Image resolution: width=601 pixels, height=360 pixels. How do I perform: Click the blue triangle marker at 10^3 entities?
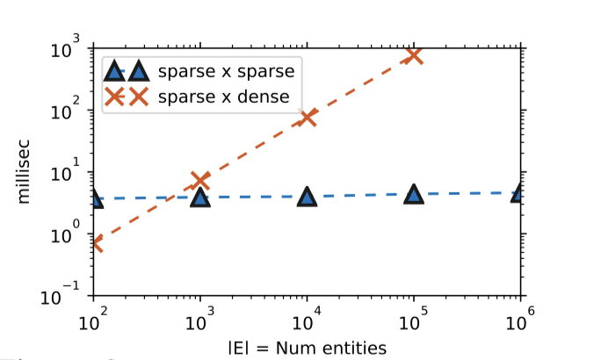click(200, 197)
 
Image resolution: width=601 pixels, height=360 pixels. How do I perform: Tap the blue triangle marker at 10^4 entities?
click(307, 196)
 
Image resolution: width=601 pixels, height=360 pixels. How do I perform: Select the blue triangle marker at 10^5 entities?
click(414, 194)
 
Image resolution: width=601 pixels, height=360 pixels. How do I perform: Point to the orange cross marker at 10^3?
click(200, 181)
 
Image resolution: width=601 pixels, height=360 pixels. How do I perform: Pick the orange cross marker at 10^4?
click(307, 118)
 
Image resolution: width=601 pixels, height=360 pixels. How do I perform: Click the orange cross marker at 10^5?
click(413, 55)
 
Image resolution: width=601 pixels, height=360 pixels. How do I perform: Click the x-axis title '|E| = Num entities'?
click(306, 348)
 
